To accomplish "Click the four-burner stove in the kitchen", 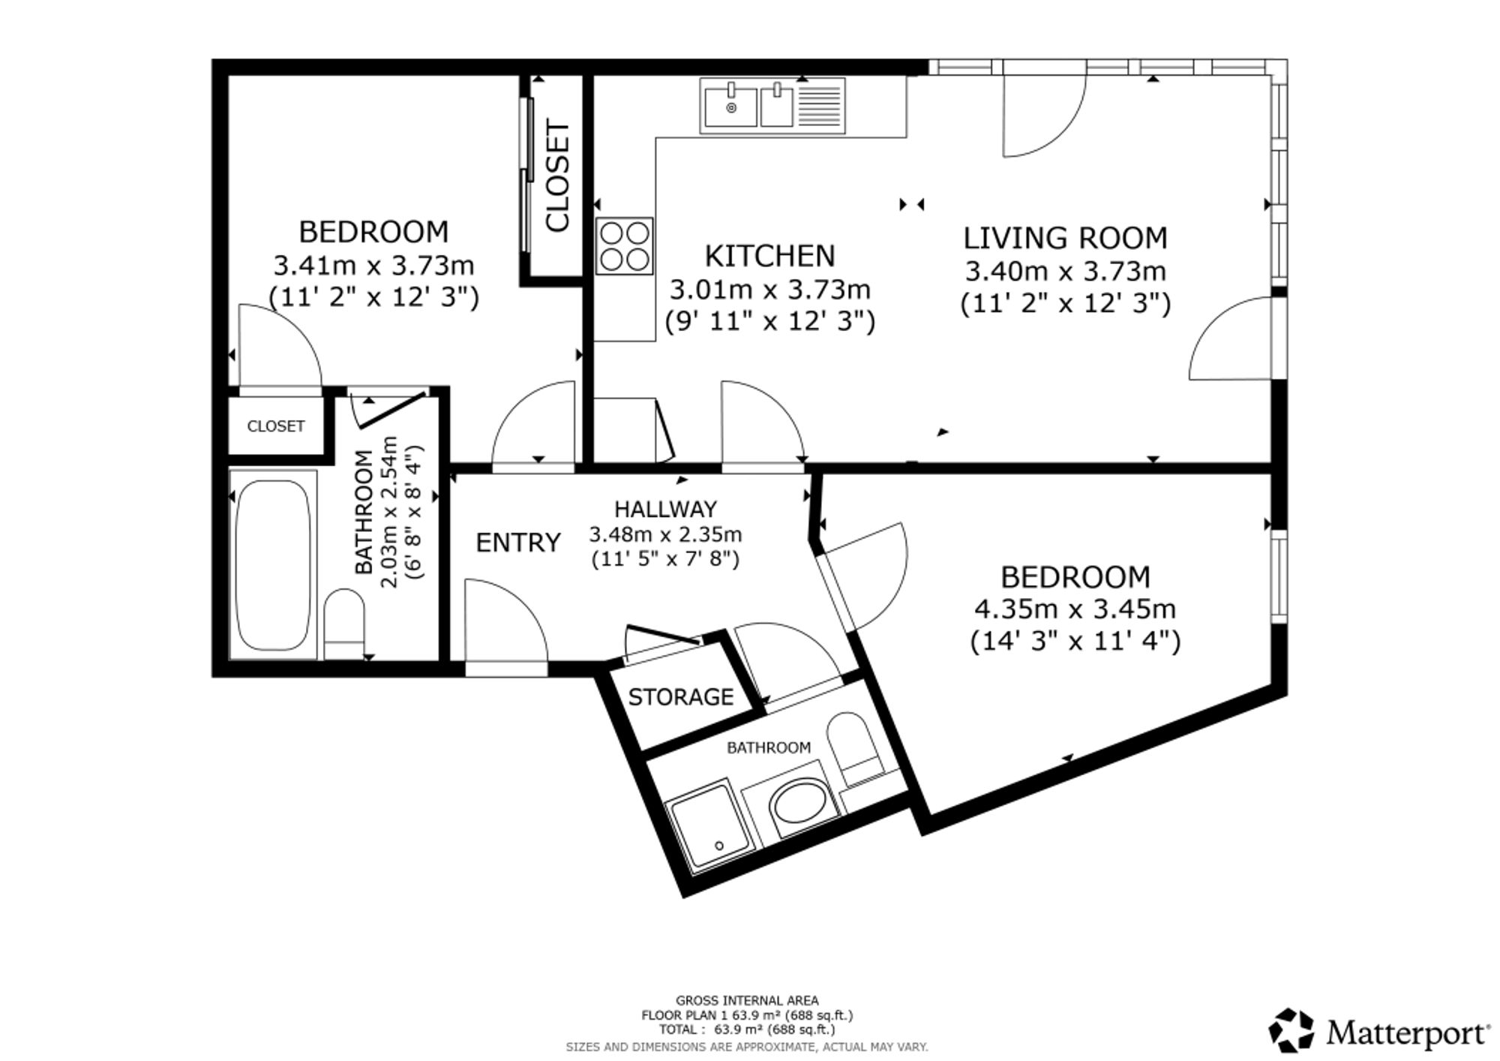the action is pyautogui.click(x=625, y=246).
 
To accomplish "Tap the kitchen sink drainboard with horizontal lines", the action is pyautogui.click(x=818, y=105).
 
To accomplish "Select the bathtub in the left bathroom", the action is pyautogui.click(x=273, y=564).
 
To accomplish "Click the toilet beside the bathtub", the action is pyautogui.click(x=344, y=623).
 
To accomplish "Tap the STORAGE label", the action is pyautogui.click(x=680, y=697).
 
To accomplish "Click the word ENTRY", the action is pyautogui.click(x=518, y=542).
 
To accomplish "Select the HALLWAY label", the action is pyautogui.click(x=665, y=509).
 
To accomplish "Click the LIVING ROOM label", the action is pyautogui.click(x=1065, y=238).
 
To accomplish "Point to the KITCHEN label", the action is pyautogui.click(x=769, y=256).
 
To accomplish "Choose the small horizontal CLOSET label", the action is pyautogui.click(x=276, y=426).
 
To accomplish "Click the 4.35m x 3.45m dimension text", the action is pyautogui.click(x=1075, y=609).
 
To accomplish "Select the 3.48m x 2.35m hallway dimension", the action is pyautogui.click(x=665, y=534).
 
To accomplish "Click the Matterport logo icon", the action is pyautogui.click(x=1291, y=1030).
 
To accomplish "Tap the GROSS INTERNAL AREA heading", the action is pyautogui.click(x=747, y=1000).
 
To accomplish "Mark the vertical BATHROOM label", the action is pyautogui.click(x=364, y=512).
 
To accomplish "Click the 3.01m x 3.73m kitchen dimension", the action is pyautogui.click(x=769, y=289).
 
